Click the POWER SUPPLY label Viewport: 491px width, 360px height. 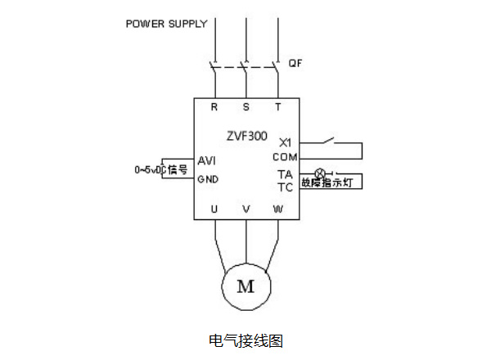coord(166,24)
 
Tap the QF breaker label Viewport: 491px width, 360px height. coord(295,62)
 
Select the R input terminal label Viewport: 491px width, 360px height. coord(214,107)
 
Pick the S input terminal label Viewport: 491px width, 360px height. coord(246,107)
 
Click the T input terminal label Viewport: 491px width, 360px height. coord(278,107)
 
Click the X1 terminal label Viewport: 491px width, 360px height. coord(286,141)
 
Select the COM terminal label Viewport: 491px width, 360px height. coord(285,155)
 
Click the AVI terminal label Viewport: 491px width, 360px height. coord(207,160)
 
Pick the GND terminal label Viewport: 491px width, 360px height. coord(208,179)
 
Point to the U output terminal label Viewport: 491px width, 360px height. coord(214,209)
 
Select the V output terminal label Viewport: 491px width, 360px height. coord(246,209)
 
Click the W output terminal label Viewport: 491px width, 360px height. coord(278,209)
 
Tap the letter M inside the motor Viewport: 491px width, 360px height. coord(245,286)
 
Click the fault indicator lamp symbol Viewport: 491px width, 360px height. coord(320,173)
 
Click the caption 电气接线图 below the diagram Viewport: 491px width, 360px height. coord(245,340)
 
